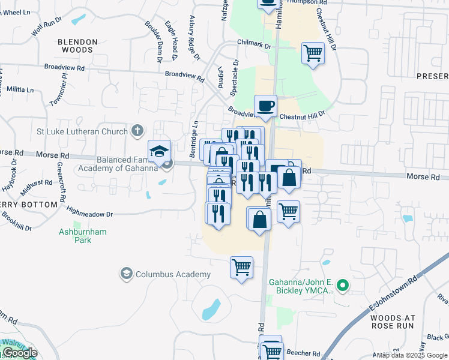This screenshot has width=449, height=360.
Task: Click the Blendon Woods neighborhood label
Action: (77, 46)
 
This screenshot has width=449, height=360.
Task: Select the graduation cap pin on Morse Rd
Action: (160, 151)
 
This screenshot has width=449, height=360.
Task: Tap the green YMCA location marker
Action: (342, 286)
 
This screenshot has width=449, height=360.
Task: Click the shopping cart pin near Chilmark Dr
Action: (313, 53)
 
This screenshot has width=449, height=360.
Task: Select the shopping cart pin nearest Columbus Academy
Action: (241, 268)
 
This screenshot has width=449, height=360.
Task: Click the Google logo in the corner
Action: (19, 353)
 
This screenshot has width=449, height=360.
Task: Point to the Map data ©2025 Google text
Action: (412, 355)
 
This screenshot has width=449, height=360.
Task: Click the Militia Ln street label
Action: (21, 89)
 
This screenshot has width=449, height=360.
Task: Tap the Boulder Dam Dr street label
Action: (153, 42)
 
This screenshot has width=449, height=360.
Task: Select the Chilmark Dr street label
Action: (255, 44)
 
